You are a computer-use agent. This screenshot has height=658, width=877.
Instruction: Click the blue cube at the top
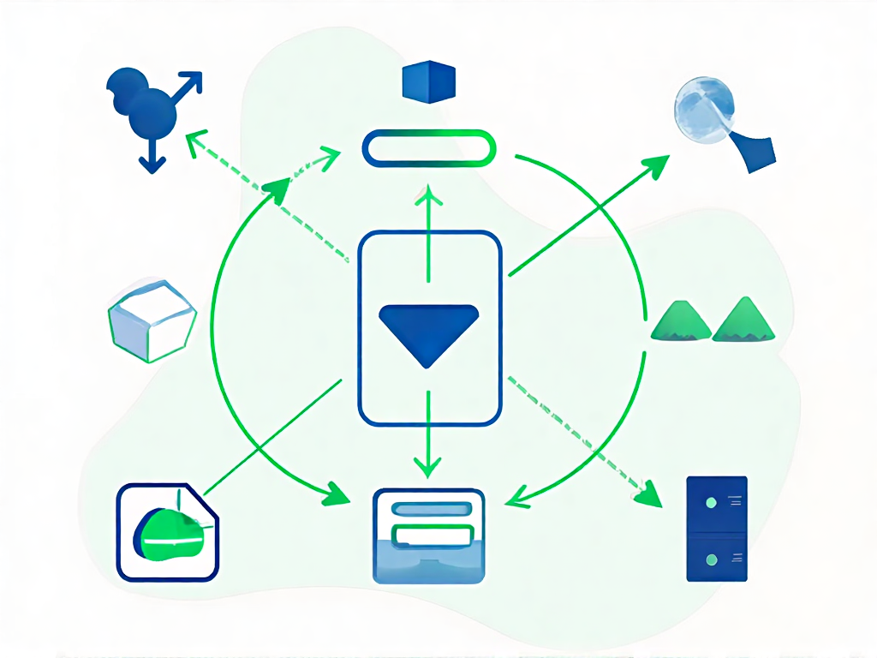click(x=428, y=81)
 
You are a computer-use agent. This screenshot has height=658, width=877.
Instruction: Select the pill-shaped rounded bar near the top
click(x=429, y=147)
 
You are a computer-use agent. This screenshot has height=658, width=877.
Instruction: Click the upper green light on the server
click(x=710, y=503)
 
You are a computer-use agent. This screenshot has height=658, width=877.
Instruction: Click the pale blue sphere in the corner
click(x=703, y=107)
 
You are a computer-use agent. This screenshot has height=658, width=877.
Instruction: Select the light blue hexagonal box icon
click(x=152, y=320)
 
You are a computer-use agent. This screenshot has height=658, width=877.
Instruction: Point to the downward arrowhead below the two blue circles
click(x=152, y=163)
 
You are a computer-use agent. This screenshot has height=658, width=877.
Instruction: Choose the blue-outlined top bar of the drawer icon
click(x=430, y=509)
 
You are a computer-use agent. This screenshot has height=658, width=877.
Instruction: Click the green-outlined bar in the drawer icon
click(x=430, y=536)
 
